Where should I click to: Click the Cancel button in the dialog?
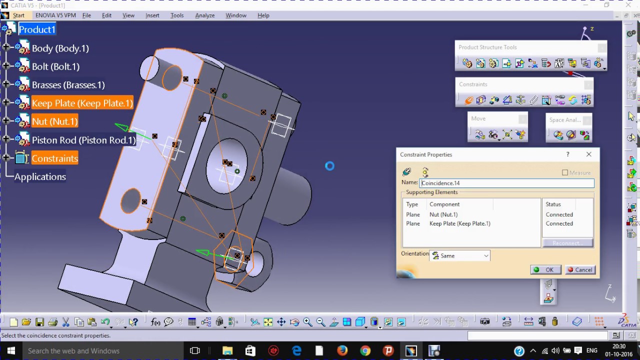[579, 269]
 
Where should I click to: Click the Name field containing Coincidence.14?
[506, 183]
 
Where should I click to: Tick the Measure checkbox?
[565, 172]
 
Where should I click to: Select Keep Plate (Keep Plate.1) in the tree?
[82, 103]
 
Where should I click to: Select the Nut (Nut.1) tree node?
[54, 121]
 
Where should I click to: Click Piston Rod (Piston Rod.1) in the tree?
[83, 140]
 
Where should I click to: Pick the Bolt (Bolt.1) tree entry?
[55, 66]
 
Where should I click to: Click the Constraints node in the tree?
[54, 158]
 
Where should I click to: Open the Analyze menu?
[204, 15]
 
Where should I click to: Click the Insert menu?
[152, 15]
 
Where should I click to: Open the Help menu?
[263, 15]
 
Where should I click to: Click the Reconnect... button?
[567, 243]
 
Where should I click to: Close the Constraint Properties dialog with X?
[588, 154]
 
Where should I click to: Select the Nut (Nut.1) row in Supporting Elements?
[443, 214]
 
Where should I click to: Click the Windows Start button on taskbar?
[10, 350]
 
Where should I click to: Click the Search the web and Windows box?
[100, 350]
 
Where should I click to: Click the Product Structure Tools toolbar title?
[487, 47]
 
